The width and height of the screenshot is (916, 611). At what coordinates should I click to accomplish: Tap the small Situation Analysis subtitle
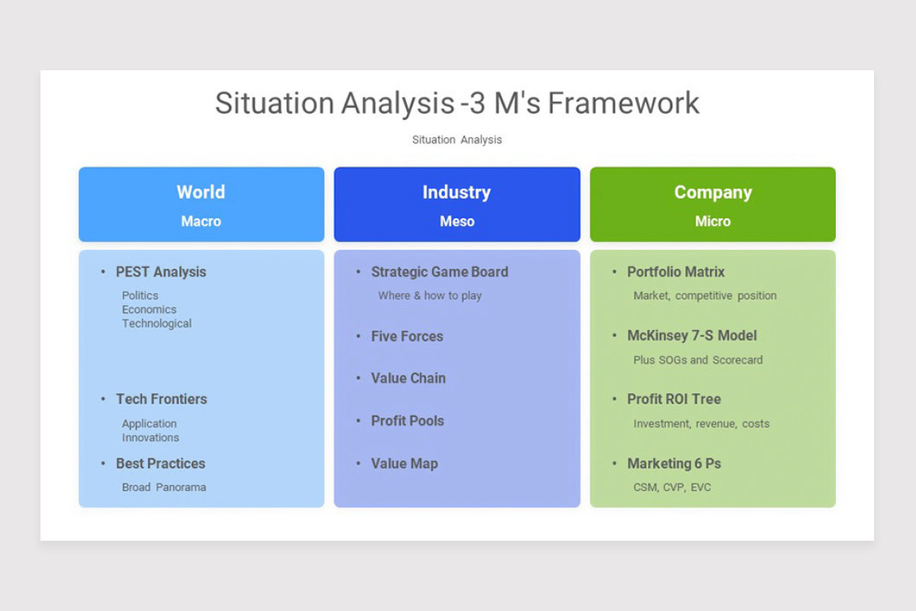click(x=456, y=140)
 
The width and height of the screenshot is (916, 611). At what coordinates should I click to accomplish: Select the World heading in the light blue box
click(x=201, y=192)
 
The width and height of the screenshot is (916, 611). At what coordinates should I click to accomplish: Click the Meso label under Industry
click(x=456, y=221)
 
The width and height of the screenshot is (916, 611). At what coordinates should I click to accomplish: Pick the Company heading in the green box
click(x=712, y=192)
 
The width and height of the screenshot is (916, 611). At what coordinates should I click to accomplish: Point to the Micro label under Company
click(x=712, y=221)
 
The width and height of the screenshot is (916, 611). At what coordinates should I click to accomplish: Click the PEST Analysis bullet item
click(x=160, y=272)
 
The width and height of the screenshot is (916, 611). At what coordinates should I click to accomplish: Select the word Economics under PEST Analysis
click(x=149, y=309)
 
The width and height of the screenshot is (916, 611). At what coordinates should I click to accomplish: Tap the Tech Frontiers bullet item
click(x=161, y=399)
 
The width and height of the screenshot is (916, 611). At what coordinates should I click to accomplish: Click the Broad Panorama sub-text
click(x=163, y=487)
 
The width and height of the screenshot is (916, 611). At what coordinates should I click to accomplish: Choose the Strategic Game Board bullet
click(x=439, y=272)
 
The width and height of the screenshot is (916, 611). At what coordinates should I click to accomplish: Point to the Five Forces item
click(x=407, y=336)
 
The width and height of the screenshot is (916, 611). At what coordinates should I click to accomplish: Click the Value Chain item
click(x=408, y=378)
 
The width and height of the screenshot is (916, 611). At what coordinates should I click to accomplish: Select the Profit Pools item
click(x=407, y=421)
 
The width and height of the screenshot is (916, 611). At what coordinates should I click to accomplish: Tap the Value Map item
click(x=404, y=464)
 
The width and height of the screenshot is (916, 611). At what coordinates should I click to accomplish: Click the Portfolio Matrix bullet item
click(x=676, y=272)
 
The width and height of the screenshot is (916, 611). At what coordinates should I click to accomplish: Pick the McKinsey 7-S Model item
click(x=692, y=335)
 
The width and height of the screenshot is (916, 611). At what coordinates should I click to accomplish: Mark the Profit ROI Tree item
click(x=673, y=399)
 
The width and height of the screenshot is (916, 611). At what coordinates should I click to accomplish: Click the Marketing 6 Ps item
click(x=673, y=464)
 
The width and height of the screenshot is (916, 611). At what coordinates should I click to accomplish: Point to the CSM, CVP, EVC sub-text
click(x=672, y=487)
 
